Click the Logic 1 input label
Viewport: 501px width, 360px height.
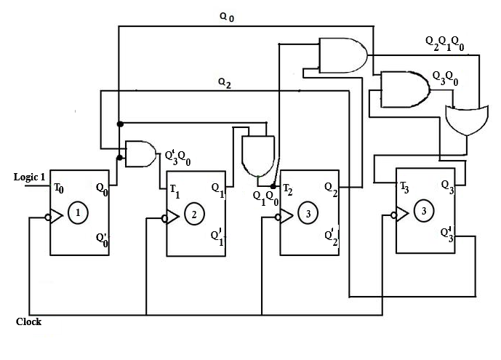pyautogui.click(x=29, y=177)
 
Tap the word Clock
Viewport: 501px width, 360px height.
pyautogui.click(x=28, y=321)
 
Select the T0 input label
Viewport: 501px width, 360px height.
pyautogui.click(x=58, y=188)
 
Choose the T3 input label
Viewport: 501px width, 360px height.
pyautogui.click(x=404, y=185)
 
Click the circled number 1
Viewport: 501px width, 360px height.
pyautogui.click(x=79, y=213)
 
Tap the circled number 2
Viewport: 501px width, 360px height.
pyautogui.click(x=194, y=214)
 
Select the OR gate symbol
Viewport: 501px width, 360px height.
pyautogui.click(x=465, y=119)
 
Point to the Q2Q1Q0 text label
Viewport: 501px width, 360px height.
pyautogui.click(x=444, y=43)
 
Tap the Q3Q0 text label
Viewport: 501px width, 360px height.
pyautogui.click(x=445, y=78)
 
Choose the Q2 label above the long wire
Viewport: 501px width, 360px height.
pyautogui.click(x=225, y=83)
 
